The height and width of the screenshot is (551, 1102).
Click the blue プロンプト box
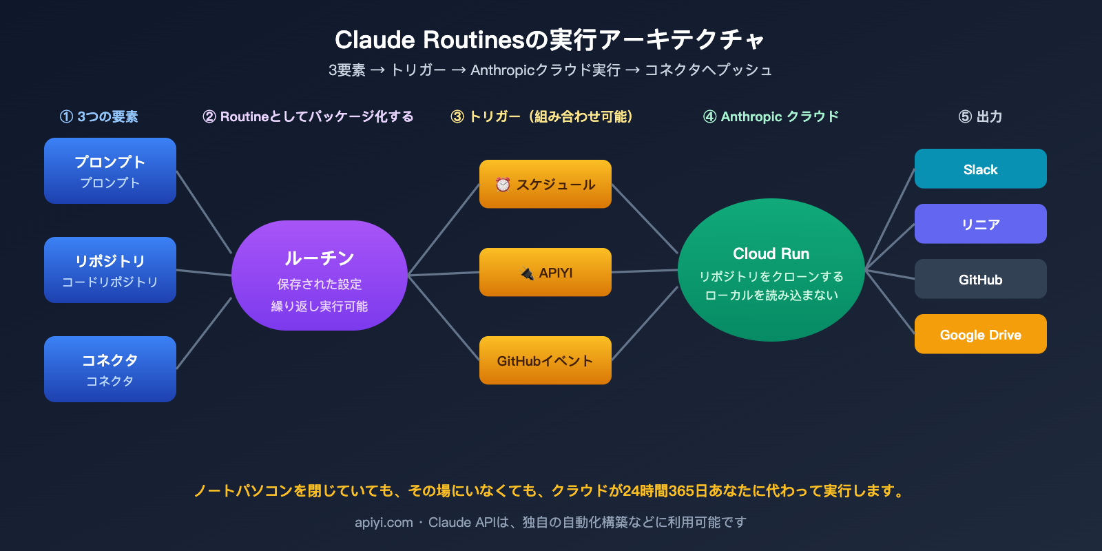click(x=110, y=171)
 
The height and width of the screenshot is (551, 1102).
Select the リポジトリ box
click(x=110, y=270)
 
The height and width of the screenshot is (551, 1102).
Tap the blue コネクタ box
click(x=110, y=369)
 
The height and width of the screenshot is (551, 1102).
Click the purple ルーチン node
click(x=320, y=275)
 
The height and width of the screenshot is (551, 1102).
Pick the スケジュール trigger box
click(x=545, y=184)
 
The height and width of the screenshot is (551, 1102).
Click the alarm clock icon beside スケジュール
click(x=503, y=185)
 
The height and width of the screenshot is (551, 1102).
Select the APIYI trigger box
click(x=545, y=272)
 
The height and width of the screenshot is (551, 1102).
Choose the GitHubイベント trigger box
click(x=545, y=360)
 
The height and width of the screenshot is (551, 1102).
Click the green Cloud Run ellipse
click(x=771, y=270)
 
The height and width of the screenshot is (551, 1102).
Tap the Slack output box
click(x=981, y=169)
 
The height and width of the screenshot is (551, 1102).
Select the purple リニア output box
click(x=981, y=224)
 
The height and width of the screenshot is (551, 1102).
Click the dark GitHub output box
click(x=981, y=279)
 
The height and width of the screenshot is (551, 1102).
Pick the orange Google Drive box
click(x=981, y=334)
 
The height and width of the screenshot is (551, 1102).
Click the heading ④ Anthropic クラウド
click(x=771, y=116)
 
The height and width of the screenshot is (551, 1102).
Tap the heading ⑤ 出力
click(x=980, y=116)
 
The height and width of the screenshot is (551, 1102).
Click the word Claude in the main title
click(x=375, y=40)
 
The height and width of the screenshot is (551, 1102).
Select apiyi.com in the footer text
click(x=384, y=522)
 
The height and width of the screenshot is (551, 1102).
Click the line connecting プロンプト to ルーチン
click(x=204, y=212)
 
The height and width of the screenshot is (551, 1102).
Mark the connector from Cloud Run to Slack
click(x=890, y=219)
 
